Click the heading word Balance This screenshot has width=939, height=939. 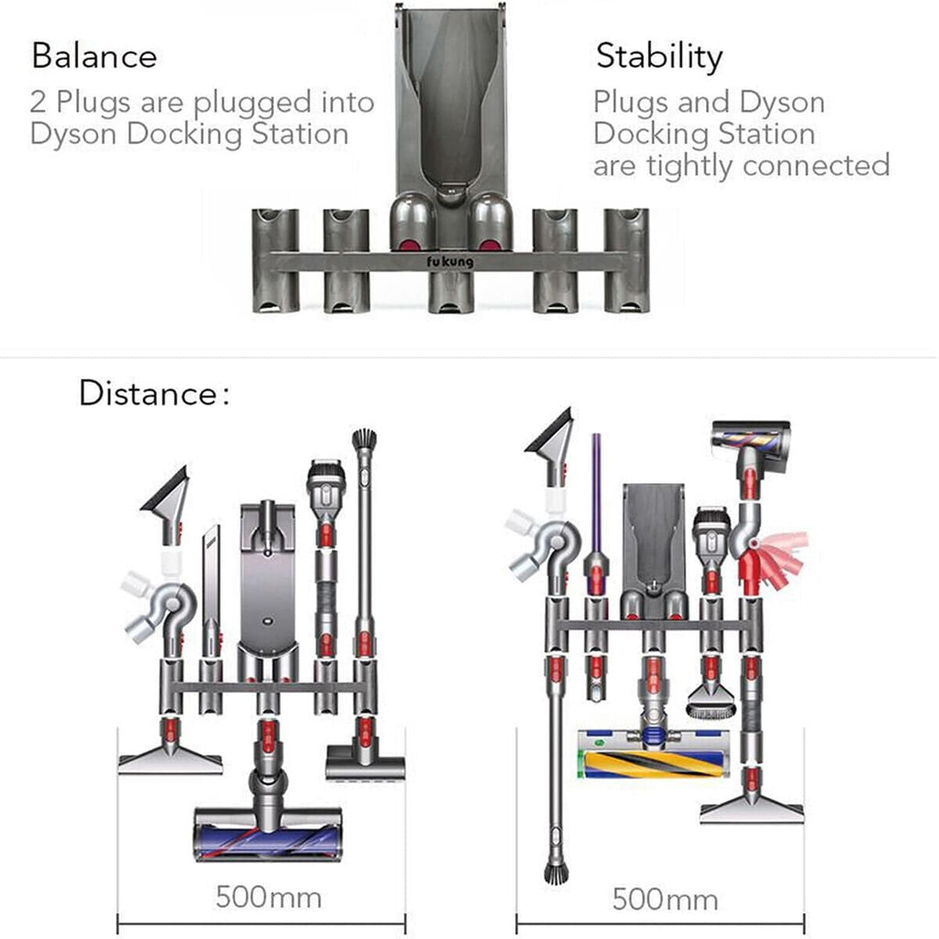[x=94, y=56]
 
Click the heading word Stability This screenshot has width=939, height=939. [x=658, y=56]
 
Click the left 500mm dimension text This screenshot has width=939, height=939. [x=268, y=896]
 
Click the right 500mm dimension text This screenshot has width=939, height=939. [x=665, y=899]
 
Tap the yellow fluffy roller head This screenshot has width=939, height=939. [x=653, y=754]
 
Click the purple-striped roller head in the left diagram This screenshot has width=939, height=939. [x=267, y=834]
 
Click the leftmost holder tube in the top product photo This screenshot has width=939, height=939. [x=275, y=260]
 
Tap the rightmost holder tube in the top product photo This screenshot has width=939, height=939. [x=625, y=260]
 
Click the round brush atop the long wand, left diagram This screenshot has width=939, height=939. [x=364, y=441]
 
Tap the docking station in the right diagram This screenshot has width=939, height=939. [x=652, y=541]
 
